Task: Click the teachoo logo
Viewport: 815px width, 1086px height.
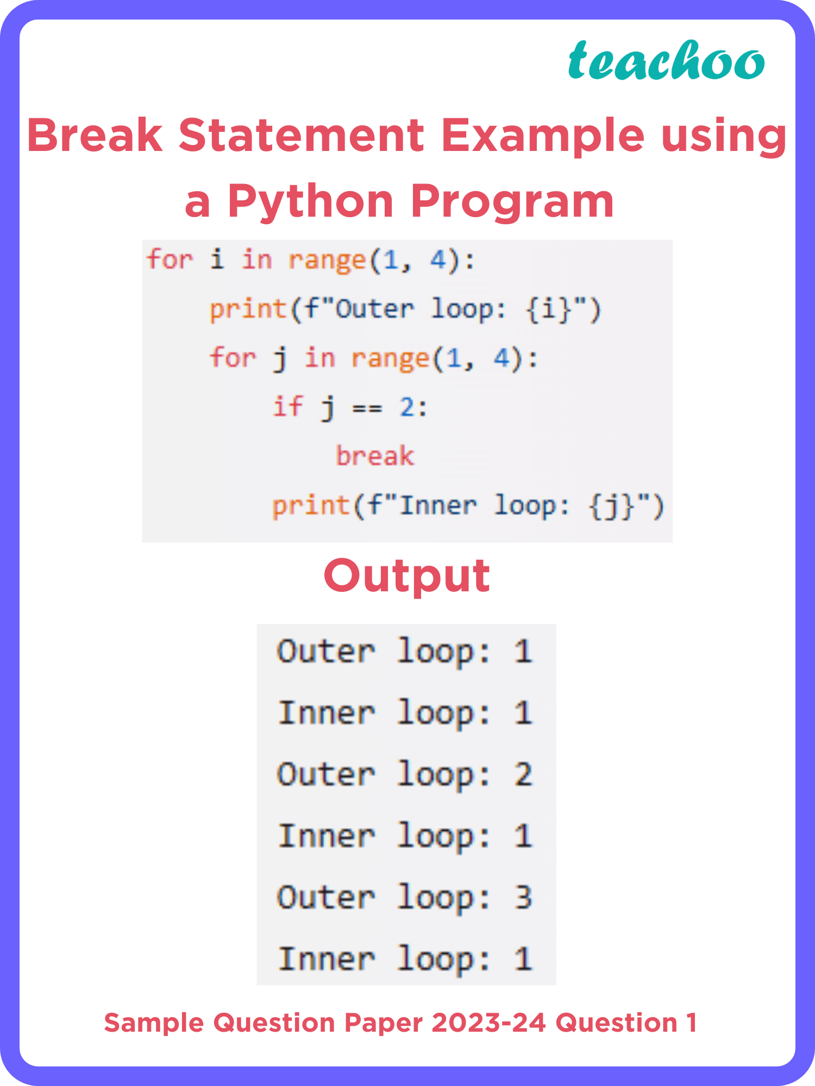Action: tap(666, 61)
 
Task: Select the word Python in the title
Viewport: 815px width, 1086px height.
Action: tap(310, 201)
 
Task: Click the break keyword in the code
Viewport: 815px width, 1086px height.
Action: tap(375, 456)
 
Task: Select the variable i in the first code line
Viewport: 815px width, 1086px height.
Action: tap(217, 259)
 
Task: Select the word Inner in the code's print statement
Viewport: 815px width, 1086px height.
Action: tap(438, 506)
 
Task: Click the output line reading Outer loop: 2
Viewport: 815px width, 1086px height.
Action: tap(405, 774)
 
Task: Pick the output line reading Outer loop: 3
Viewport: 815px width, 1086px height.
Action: tap(405, 897)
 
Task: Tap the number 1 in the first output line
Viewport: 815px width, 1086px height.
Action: tap(523, 651)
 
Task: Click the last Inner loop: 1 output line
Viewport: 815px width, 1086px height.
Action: tap(405, 959)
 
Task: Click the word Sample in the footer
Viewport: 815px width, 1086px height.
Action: tap(154, 1023)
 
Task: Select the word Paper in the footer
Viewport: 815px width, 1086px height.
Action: tap(383, 1023)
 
